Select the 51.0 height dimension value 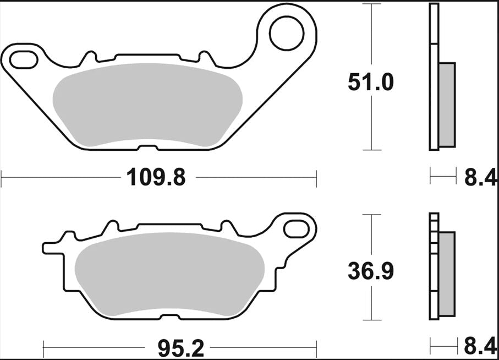370,83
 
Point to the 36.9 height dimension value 370,271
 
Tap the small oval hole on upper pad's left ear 21,58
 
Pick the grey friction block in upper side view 447,105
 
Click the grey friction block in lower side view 447,274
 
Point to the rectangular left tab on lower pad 52,247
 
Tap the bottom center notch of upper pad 148,148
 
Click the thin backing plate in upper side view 434,77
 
